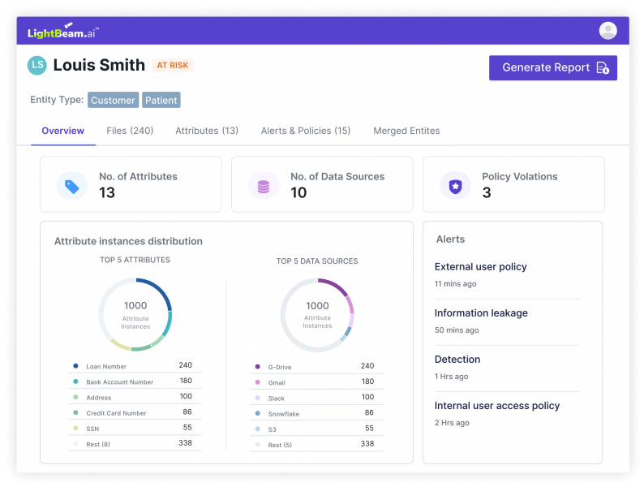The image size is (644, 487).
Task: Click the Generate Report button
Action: tap(553, 68)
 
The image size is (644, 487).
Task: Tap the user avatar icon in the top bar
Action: tap(608, 31)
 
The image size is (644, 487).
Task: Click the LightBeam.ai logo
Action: tap(63, 32)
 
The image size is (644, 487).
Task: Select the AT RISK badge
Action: tap(173, 66)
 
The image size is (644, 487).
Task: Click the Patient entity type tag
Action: tap(161, 100)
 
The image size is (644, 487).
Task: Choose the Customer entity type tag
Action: tap(113, 100)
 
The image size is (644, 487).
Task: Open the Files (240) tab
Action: tap(130, 131)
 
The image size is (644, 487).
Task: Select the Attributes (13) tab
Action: tap(207, 131)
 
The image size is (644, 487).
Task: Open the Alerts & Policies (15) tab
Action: tap(306, 131)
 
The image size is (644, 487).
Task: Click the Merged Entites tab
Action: tap(406, 131)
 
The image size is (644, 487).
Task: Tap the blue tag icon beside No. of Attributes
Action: tap(72, 186)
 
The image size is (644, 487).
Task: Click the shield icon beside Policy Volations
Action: tap(455, 186)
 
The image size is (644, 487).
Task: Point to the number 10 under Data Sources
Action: tap(298, 192)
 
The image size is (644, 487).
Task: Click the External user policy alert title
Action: tap(480, 267)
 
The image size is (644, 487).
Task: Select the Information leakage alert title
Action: tap(481, 313)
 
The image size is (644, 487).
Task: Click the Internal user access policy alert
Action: tap(497, 406)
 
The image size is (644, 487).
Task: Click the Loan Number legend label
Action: tap(106, 366)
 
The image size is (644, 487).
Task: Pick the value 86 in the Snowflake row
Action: tap(369, 412)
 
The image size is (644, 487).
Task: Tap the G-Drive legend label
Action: tap(280, 367)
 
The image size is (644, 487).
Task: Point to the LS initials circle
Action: tap(37, 66)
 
